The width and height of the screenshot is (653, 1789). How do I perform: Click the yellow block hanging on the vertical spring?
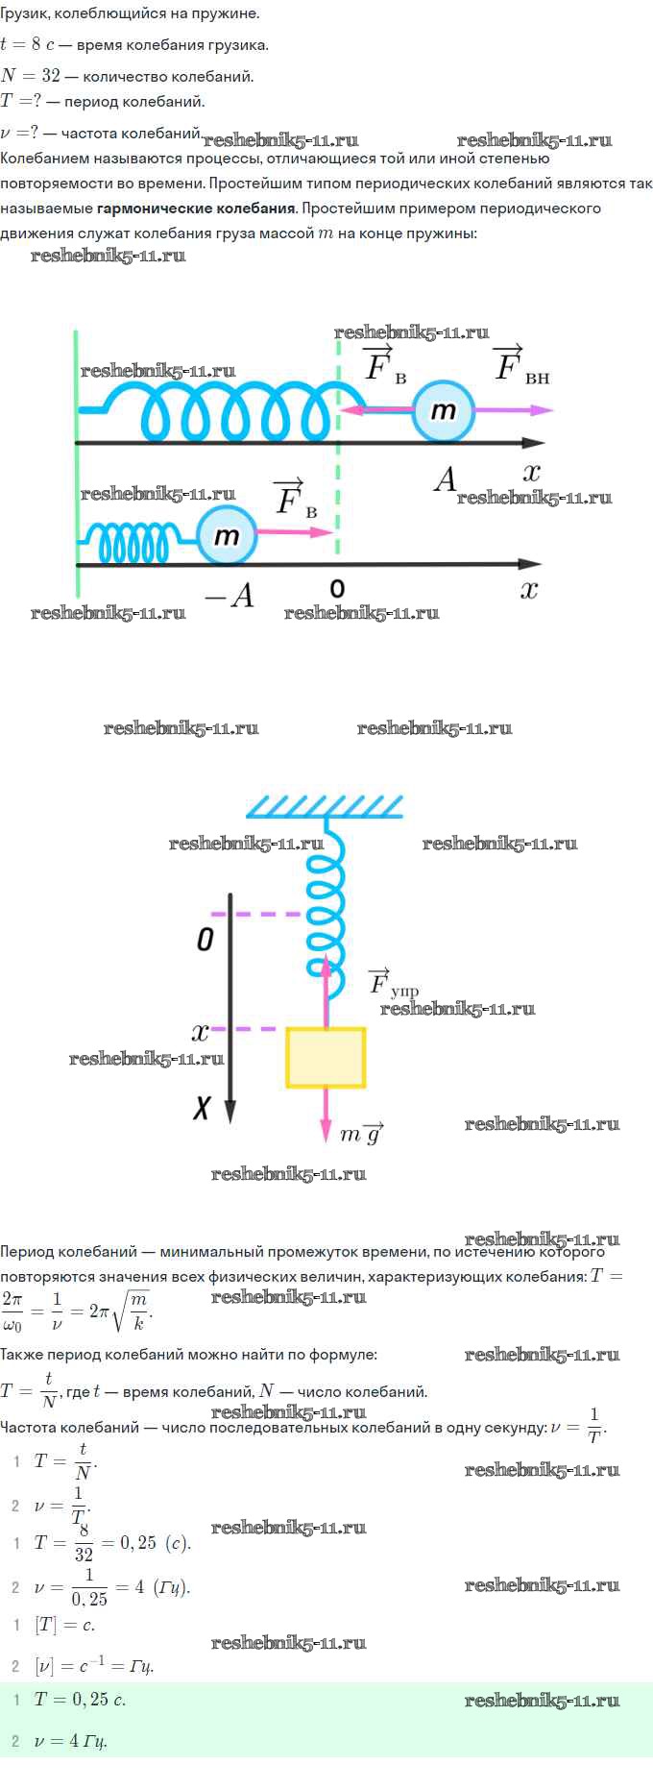pos(326,1058)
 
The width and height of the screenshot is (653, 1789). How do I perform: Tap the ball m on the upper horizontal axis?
pos(443,410)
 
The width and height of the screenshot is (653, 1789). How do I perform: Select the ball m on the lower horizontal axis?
pos(227,535)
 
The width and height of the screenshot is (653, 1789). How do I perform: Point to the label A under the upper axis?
pos(445,478)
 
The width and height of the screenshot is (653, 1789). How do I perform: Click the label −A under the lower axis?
pos(230,597)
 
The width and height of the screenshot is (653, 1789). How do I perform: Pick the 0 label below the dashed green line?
pos(337,588)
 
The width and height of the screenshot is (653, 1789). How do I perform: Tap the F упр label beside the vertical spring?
pos(394,982)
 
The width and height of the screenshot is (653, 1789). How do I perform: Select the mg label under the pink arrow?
pos(362,1134)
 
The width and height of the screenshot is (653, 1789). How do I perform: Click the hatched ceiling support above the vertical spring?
pos(325,805)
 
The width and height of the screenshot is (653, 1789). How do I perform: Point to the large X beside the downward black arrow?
pos(202,1109)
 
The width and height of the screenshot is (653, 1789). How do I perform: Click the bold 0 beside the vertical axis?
pos(205,939)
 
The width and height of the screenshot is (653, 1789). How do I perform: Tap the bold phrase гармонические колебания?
pos(196,208)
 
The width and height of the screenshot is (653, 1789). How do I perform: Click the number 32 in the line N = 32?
pos(50,76)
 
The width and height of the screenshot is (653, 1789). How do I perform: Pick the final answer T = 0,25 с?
pos(80,1699)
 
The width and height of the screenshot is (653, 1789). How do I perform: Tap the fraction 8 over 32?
pos(85,1543)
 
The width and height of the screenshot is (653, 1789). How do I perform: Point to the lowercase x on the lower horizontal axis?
pos(529,589)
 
